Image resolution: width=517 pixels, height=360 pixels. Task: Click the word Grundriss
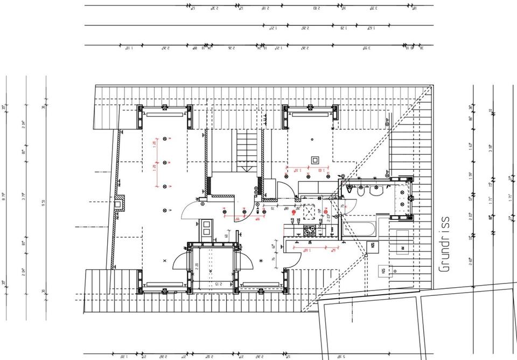tap(444, 244)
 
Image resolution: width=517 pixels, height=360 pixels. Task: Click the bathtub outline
tap(359, 226)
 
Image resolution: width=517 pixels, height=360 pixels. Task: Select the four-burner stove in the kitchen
tap(311, 231)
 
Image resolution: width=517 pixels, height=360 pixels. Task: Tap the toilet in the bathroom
tap(350, 191)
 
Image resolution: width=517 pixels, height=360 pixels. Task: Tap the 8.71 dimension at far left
tap(5, 197)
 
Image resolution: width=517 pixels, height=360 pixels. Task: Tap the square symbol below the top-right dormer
tap(315, 159)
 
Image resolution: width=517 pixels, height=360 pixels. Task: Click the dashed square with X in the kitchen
tap(310, 212)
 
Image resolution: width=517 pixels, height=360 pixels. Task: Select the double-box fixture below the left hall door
tap(207, 227)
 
